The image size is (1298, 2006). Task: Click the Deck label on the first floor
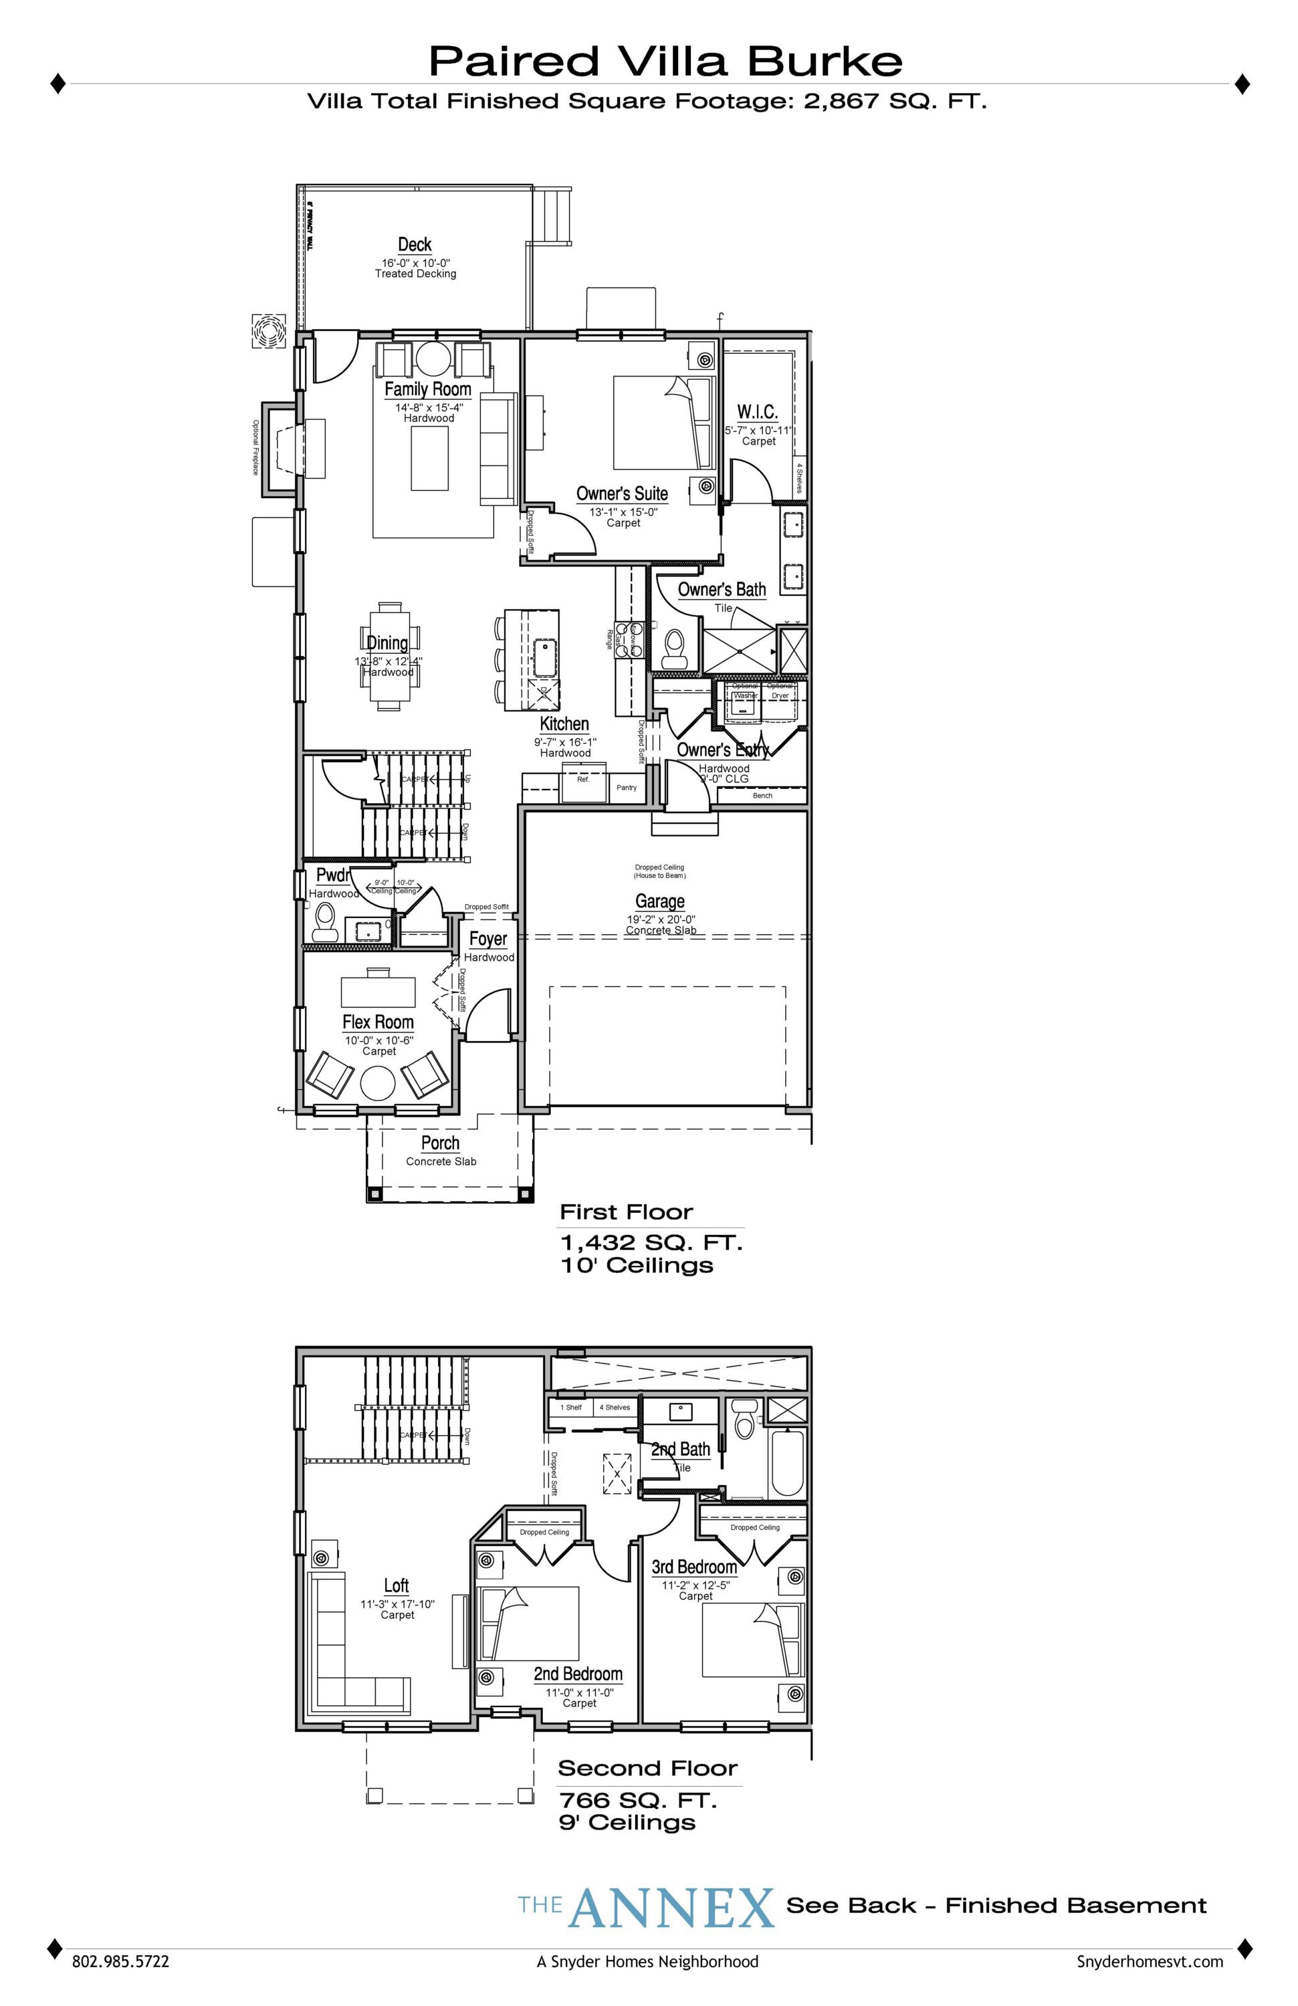pyautogui.click(x=415, y=245)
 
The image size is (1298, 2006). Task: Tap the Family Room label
pyautogui.click(x=427, y=388)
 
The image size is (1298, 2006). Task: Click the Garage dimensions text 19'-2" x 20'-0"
pyautogui.click(x=660, y=919)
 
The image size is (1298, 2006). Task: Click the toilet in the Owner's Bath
pyautogui.click(x=673, y=647)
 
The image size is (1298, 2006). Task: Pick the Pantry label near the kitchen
pyautogui.click(x=626, y=787)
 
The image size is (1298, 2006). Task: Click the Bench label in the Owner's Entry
pyautogui.click(x=762, y=795)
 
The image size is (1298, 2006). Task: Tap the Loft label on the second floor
pyautogui.click(x=396, y=1585)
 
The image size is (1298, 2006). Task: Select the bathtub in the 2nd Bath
pyautogui.click(x=787, y=1464)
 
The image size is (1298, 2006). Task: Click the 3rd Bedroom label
pyautogui.click(x=695, y=1566)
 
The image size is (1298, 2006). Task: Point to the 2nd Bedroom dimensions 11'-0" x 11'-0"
pyautogui.click(x=579, y=1692)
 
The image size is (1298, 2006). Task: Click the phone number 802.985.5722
pyautogui.click(x=120, y=1961)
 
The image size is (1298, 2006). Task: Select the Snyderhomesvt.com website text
pyautogui.click(x=1150, y=1961)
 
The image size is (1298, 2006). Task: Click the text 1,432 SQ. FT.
pyautogui.click(x=651, y=1242)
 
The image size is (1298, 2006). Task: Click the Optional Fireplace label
pyautogui.click(x=255, y=447)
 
